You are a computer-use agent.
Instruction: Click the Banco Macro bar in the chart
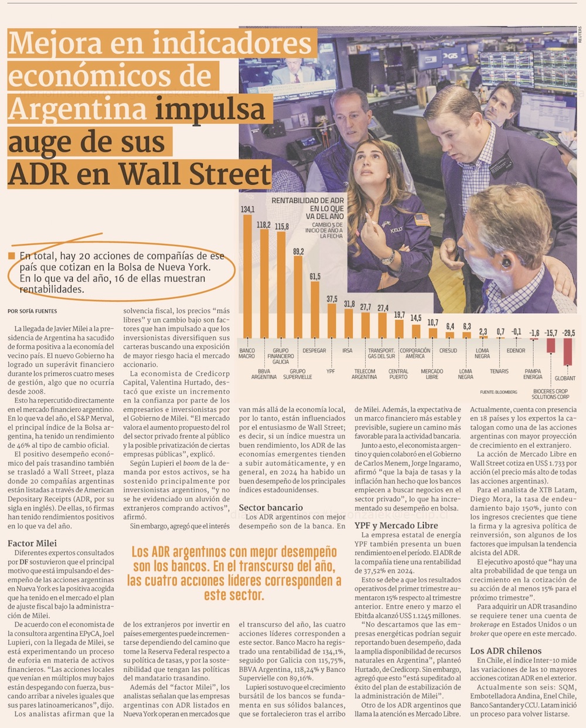[247, 275]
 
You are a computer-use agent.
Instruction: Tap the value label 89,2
[298, 251]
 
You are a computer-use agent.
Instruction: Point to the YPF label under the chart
[331, 371]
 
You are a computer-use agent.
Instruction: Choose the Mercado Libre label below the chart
[432, 374]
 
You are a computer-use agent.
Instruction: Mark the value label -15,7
[550, 332]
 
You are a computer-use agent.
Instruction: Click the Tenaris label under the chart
[499, 371]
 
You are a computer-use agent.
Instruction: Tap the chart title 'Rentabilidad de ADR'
[308, 200]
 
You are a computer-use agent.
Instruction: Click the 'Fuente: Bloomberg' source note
[498, 392]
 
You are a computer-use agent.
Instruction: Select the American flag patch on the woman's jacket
[421, 220]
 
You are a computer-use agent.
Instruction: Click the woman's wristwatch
[389, 256]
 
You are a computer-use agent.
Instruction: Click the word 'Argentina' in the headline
[77, 108]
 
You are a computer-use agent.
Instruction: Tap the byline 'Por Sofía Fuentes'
[32, 311]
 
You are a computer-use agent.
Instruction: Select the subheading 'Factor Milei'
[32, 543]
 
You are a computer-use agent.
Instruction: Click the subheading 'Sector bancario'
[271, 508]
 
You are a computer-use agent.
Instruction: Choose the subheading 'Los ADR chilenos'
[506, 651]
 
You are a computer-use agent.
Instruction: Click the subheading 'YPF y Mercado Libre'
[396, 525]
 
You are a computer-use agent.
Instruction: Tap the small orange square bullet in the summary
[11, 256]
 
